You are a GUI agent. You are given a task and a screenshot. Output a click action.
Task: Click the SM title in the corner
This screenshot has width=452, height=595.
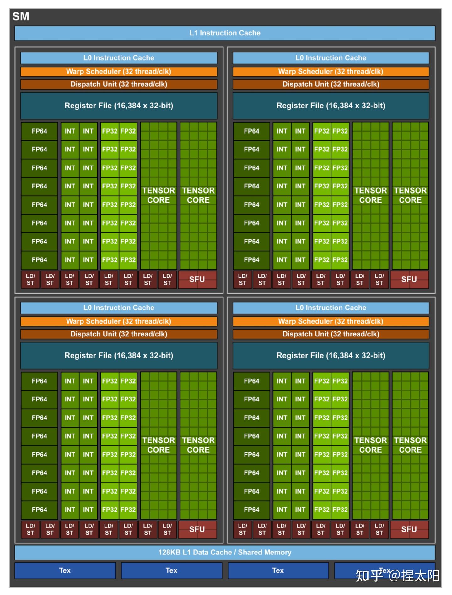pos(21,16)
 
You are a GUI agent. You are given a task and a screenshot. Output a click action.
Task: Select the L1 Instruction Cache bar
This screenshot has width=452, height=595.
pos(225,33)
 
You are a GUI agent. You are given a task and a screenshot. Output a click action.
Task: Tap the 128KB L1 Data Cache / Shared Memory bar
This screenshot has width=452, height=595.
pos(225,552)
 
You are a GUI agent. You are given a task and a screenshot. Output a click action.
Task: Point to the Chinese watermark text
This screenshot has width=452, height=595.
pos(397,576)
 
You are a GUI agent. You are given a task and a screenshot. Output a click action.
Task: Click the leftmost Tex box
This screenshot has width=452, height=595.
pos(65,570)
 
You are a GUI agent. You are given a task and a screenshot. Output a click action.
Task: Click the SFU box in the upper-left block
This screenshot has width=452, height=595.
pos(197,279)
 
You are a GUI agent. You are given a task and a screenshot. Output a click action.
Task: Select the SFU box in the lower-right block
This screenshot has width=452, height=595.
pos(409,529)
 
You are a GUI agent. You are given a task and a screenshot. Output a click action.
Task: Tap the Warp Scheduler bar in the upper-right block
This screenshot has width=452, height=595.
pos(331,71)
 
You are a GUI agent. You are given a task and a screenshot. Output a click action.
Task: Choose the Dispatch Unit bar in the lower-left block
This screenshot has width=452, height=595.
pos(119,334)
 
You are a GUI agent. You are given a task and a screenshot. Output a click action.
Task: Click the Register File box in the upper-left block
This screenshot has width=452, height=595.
pos(119,106)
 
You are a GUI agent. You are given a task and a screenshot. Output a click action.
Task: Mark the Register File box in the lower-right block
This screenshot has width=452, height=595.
pos(331,355)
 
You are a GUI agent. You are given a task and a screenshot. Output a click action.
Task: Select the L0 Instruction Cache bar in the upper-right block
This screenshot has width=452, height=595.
pos(331,58)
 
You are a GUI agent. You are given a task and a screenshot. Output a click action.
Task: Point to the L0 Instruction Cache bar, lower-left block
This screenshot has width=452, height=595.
pos(119,308)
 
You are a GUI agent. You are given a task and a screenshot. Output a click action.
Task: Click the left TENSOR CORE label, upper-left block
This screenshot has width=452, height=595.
pos(159,195)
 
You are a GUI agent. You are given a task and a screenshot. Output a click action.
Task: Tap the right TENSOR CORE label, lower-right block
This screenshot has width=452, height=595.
pos(410,445)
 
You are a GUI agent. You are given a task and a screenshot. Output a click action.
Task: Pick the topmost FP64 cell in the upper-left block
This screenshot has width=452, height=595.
pos(39,131)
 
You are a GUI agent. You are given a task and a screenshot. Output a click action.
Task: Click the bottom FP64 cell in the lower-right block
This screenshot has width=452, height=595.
pos(251,510)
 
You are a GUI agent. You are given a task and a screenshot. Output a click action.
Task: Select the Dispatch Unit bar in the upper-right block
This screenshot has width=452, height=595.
pos(331,84)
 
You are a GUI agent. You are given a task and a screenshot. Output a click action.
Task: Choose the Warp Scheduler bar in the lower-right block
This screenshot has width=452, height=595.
pos(331,321)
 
